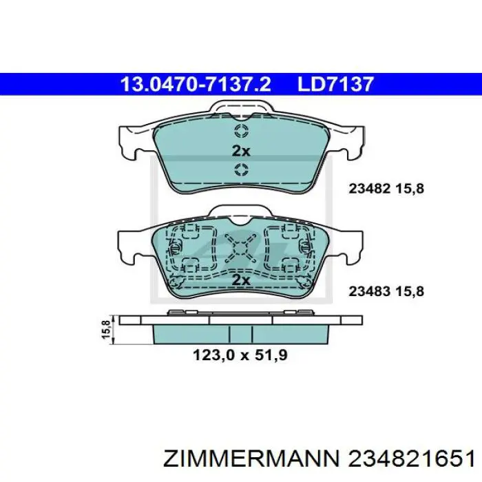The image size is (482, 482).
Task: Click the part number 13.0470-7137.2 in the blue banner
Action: click(196, 84)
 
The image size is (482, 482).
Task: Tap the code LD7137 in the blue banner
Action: click(335, 84)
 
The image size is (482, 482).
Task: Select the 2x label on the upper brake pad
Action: click(241, 151)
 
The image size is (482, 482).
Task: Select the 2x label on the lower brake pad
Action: click(241, 280)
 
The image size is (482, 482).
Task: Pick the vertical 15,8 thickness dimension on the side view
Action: click(106, 330)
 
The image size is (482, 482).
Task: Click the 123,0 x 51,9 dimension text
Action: click(240, 355)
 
